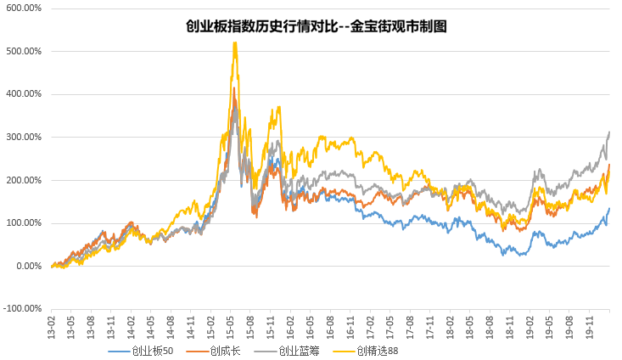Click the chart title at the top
pyautogui.click(x=316, y=26)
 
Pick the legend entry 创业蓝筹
pyautogui.click(x=296, y=350)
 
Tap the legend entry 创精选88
pyautogui.click(x=378, y=350)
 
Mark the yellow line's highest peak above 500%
pyautogui.click(x=234, y=43)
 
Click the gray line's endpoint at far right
pyautogui.click(x=610, y=132)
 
